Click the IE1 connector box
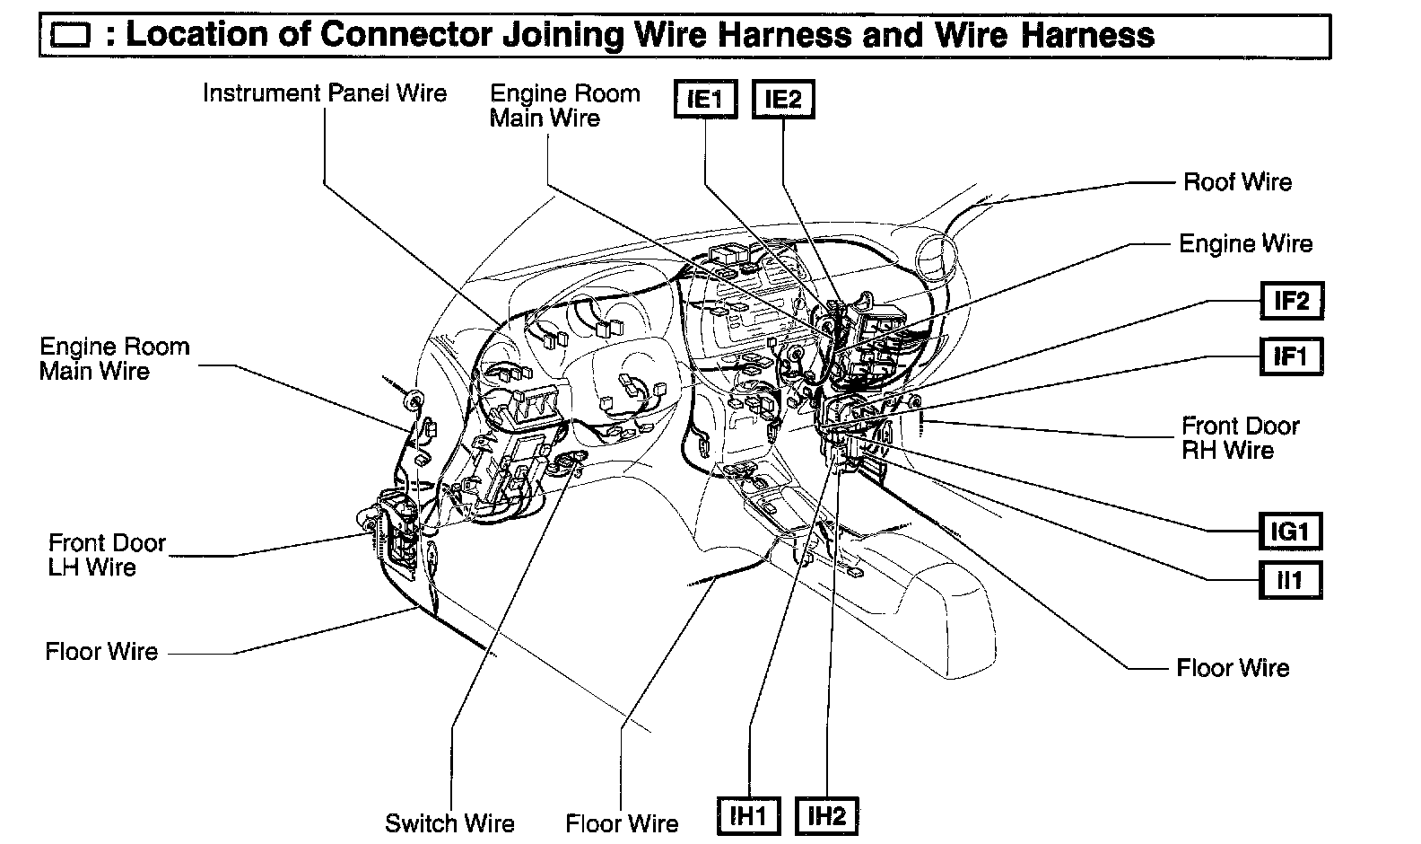[705, 100]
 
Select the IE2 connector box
[782, 100]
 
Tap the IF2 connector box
[1291, 301]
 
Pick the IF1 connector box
[1291, 356]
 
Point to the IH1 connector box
[748, 816]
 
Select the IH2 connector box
[826, 816]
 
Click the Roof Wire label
[1237, 182]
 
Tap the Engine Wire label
[1245, 243]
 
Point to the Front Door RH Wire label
[1240, 437]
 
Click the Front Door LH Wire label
[106, 555]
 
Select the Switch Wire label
[449, 823]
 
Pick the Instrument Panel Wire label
[324, 93]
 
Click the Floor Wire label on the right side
[1233, 668]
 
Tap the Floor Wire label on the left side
[101, 652]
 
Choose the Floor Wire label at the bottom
[622, 823]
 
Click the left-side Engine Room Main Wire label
[114, 359]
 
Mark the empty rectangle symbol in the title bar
[71, 36]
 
